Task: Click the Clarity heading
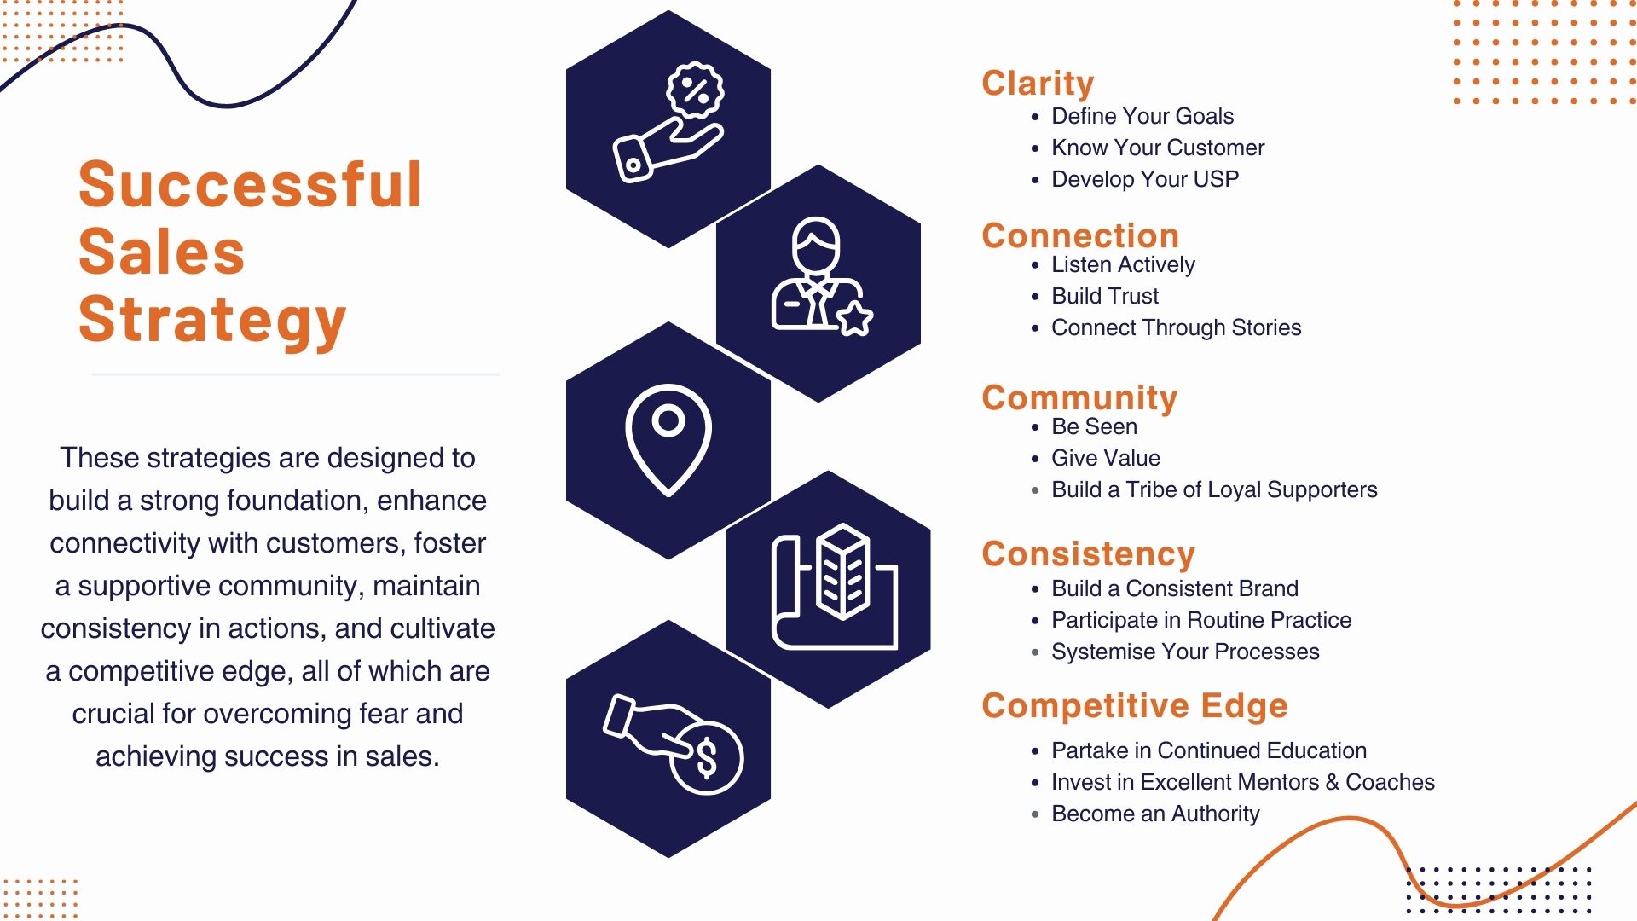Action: tap(1037, 84)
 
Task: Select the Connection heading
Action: tap(1079, 236)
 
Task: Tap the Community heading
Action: tap(1079, 398)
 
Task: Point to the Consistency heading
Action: tap(1088, 554)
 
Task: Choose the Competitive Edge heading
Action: tap(1134, 706)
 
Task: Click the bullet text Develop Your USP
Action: tap(1144, 179)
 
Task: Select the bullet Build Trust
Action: tap(1104, 296)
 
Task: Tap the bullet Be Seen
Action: tap(1093, 426)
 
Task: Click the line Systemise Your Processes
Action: tap(1184, 652)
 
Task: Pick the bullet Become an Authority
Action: tap(1154, 814)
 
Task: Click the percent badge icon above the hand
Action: tap(695, 90)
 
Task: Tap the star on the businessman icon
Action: tap(854, 318)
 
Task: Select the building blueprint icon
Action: tap(836, 588)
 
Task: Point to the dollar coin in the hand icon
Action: tap(707, 757)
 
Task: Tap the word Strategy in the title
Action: tap(212, 320)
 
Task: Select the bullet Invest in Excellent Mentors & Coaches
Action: tap(1242, 782)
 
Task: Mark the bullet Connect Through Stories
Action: tap(1176, 327)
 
